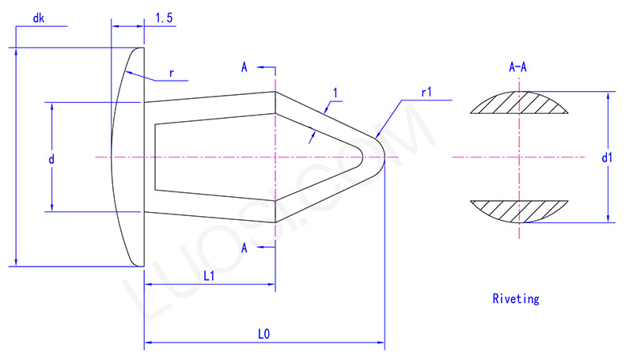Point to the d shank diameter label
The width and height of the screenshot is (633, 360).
coord(51,159)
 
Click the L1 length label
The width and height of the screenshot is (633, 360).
coord(210,276)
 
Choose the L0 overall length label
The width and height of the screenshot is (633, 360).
coord(264,334)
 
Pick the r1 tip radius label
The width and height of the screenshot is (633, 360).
coord(426,93)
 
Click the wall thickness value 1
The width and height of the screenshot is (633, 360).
coord(335,93)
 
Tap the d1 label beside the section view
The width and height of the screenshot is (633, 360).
coord(607,158)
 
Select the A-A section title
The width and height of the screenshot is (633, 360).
coord(518,68)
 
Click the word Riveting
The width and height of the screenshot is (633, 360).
coord(515,299)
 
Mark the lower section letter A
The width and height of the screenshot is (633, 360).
coord(244,248)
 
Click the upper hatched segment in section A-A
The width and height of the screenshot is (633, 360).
coord(519,104)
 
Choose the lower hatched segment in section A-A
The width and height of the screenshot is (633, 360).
coord(519,211)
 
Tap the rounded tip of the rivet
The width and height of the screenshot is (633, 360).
coord(381,156)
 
